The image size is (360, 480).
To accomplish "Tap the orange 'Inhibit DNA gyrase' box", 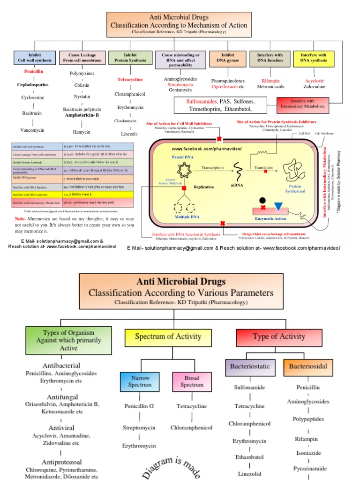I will (x=227, y=58).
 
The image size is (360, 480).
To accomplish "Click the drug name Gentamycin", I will (x=181, y=90).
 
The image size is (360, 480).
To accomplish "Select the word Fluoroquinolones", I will (x=228, y=81).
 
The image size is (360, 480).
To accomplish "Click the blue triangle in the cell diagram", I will (x=278, y=193).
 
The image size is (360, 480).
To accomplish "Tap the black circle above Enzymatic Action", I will (x=263, y=187).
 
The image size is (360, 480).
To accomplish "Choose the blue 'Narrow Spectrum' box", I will (x=140, y=381).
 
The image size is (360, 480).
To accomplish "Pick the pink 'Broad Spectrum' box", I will (x=192, y=381).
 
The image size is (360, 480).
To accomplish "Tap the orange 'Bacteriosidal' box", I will (x=308, y=366).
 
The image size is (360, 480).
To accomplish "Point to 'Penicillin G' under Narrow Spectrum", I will (x=139, y=406).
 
